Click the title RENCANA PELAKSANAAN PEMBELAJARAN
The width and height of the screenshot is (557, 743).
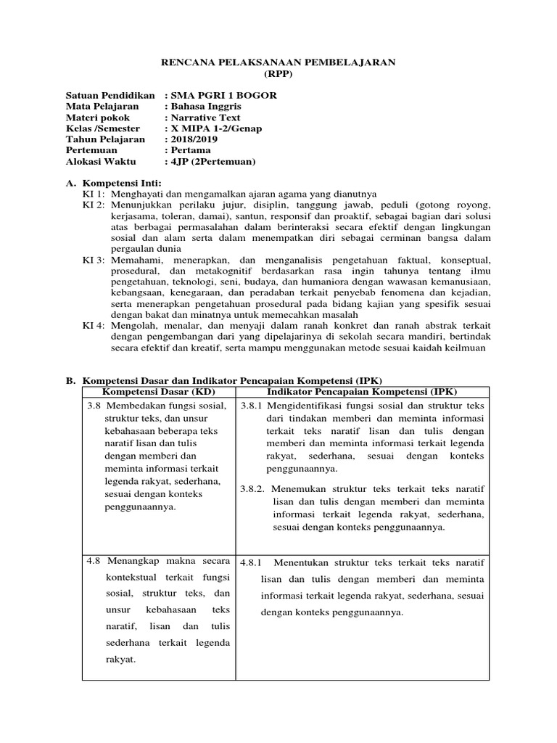[x=278, y=63]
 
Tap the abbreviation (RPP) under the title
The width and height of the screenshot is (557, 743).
[x=278, y=74]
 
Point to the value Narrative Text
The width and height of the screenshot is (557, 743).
[x=205, y=118]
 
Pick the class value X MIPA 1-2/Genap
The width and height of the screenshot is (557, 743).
[x=215, y=128]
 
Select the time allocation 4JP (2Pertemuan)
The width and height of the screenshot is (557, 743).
[x=213, y=161]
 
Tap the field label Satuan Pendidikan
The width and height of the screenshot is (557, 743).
[x=110, y=96]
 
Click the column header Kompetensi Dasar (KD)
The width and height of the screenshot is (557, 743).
[x=160, y=392]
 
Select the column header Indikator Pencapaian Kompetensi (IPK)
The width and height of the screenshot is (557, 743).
[x=363, y=392]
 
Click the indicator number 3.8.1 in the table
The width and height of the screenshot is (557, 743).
[x=253, y=405]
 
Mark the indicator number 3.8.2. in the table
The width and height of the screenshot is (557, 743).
[x=255, y=488]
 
